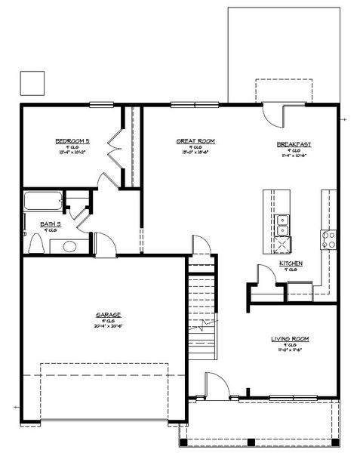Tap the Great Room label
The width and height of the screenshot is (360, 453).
coord(195,140)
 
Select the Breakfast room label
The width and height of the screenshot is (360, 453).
coord(294,143)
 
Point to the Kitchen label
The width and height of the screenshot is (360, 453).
coord(291,263)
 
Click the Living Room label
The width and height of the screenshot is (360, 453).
coord(291,339)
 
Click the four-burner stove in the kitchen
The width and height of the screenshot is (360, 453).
coord(329,240)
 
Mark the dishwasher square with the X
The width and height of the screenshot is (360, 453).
coord(281,244)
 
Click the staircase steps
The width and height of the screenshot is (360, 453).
coord(201,302)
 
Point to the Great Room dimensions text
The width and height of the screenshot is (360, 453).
coord(195,154)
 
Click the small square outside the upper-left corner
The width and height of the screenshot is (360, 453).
coord(31,81)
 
